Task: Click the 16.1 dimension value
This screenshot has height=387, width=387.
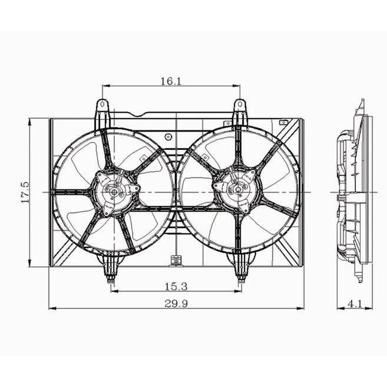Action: [x=171, y=81]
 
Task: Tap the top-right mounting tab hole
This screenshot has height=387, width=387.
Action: [x=240, y=104]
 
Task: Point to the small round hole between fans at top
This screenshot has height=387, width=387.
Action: [x=168, y=136]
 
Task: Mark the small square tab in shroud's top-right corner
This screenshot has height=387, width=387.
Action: [x=282, y=122]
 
